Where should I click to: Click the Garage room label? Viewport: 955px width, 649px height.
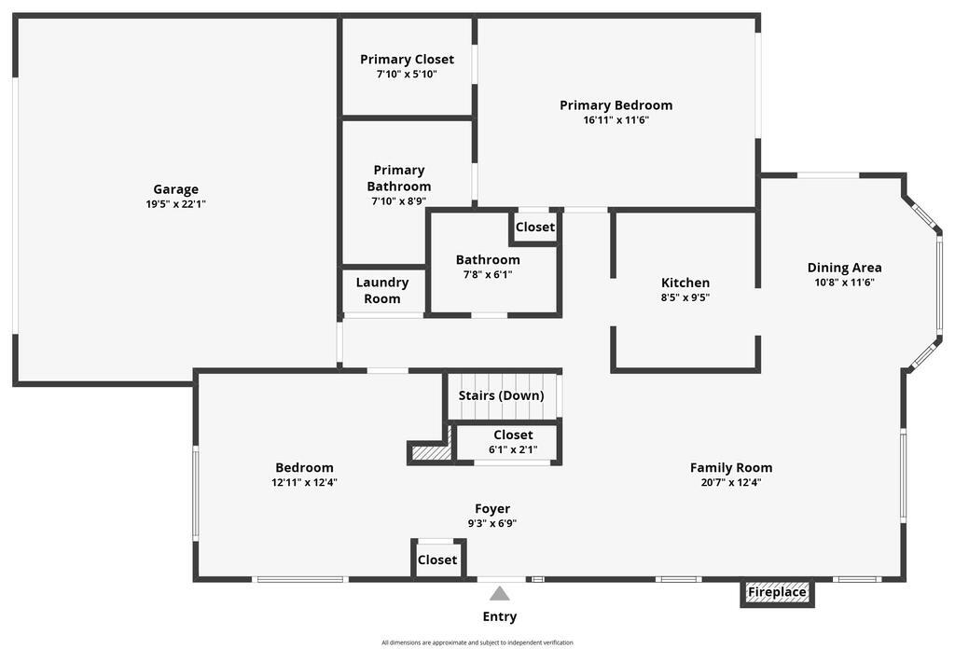[175, 189]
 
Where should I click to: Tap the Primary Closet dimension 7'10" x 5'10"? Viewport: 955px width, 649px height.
[407, 75]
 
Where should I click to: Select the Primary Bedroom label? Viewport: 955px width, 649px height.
[616, 105]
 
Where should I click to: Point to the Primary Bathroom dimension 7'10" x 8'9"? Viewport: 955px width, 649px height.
[399, 200]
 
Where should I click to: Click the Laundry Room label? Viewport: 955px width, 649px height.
[382, 290]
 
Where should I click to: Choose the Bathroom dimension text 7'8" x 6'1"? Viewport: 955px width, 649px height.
[488, 274]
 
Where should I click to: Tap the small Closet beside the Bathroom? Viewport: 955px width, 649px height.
[535, 228]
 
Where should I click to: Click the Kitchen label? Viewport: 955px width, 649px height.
[685, 283]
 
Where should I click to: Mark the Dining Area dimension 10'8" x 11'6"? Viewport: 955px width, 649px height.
[844, 283]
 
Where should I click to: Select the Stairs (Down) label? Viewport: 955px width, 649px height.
[501, 395]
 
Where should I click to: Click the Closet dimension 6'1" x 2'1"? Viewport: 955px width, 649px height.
[513, 449]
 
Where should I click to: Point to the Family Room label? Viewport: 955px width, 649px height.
[731, 467]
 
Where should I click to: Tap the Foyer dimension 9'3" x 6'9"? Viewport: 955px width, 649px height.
[492, 524]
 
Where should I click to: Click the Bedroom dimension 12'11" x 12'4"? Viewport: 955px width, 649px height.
[304, 483]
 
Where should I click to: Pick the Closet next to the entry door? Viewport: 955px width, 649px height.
[437, 559]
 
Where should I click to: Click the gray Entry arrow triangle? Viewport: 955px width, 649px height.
[500, 594]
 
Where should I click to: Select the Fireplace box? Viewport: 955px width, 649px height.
[777, 592]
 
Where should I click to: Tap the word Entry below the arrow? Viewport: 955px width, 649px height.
[500, 616]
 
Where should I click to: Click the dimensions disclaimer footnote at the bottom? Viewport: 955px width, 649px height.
[477, 642]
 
